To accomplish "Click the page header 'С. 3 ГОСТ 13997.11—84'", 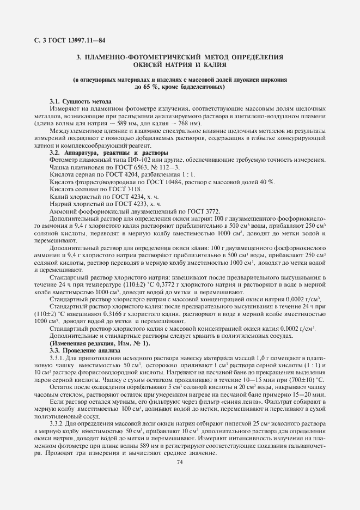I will (x=66, y=40).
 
